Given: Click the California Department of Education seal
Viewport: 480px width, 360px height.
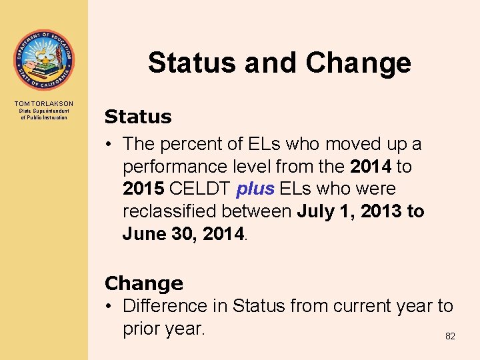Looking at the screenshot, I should coord(44,60).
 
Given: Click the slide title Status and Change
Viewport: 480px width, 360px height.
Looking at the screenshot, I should coord(279,63).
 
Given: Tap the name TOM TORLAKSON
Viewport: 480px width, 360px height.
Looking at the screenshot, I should coord(44,104).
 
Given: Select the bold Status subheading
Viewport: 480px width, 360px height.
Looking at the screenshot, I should coord(138,117).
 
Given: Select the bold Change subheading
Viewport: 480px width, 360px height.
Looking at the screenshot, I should coord(143,283).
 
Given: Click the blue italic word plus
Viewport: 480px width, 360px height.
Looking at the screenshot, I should coord(255,189).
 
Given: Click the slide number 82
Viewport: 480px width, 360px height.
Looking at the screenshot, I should coord(450,337).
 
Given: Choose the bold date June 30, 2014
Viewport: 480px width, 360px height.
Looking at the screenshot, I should coord(184,234).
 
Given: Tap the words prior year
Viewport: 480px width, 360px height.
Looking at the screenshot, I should coord(163,329).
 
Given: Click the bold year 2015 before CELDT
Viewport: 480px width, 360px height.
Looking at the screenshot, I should coord(144,189).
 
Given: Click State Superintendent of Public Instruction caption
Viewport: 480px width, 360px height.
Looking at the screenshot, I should coord(44,115).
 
